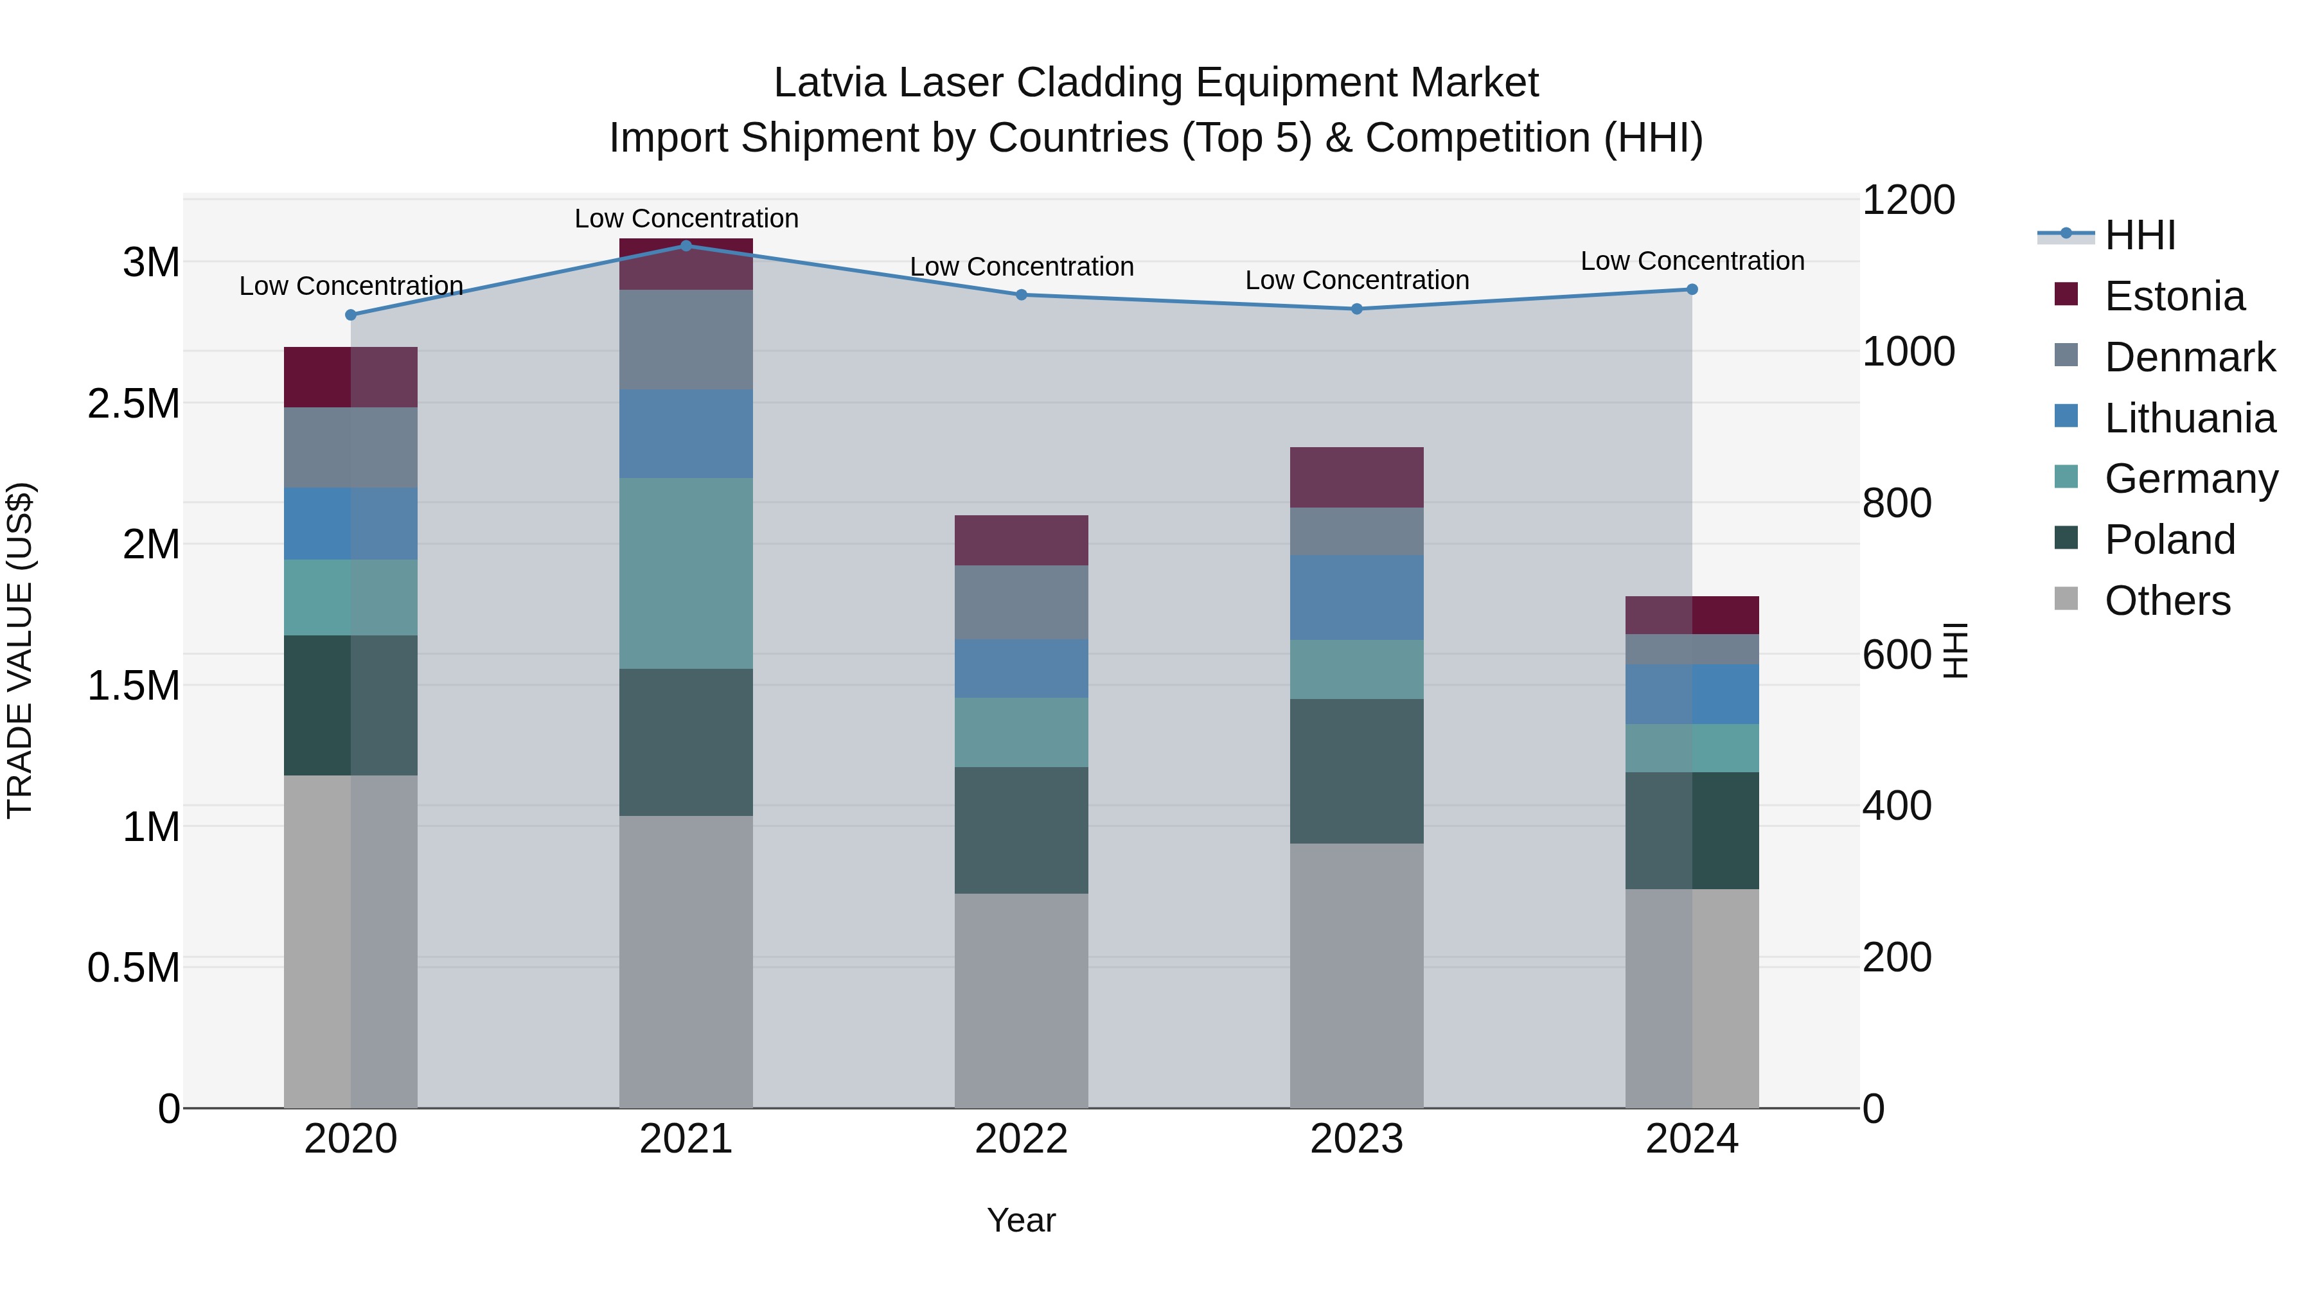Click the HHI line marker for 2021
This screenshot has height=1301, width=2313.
pos(686,245)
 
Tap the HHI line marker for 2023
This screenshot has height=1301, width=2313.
pos(1357,309)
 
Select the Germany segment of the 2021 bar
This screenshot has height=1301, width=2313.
pos(686,573)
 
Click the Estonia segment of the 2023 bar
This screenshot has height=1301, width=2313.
pos(1357,477)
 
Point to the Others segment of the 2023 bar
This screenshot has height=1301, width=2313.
pos(1357,975)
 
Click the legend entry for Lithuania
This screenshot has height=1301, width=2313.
pos(2189,418)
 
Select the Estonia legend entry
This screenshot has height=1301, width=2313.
pos(2174,296)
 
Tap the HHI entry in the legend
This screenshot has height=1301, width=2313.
pos(2140,235)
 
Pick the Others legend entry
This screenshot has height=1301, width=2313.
pos(2167,601)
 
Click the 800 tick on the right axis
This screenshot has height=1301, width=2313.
pos(1897,503)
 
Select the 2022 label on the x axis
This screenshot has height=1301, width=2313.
pos(1021,1138)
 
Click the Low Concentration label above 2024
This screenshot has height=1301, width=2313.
pos(1692,261)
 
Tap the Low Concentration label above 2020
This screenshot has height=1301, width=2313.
pos(351,287)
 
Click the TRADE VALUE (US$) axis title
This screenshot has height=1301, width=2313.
pos(20,650)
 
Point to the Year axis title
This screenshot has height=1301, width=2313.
pos(1021,1220)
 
